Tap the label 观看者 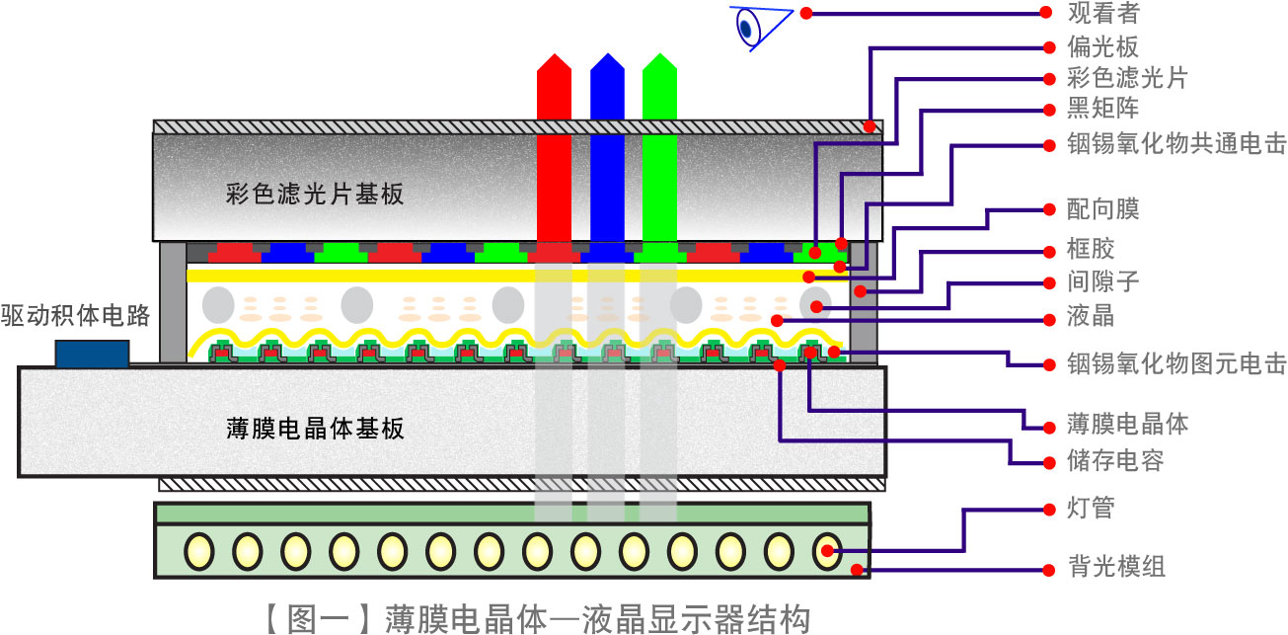point(1103,14)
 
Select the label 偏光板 point(1103,46)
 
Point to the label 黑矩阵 point(1103,109)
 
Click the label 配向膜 point(1103,209)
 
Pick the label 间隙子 point(1103,282)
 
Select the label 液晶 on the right point(1092,318)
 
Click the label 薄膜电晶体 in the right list point(1128,425)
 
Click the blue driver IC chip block point(92,354)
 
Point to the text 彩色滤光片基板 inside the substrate point(315,194)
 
